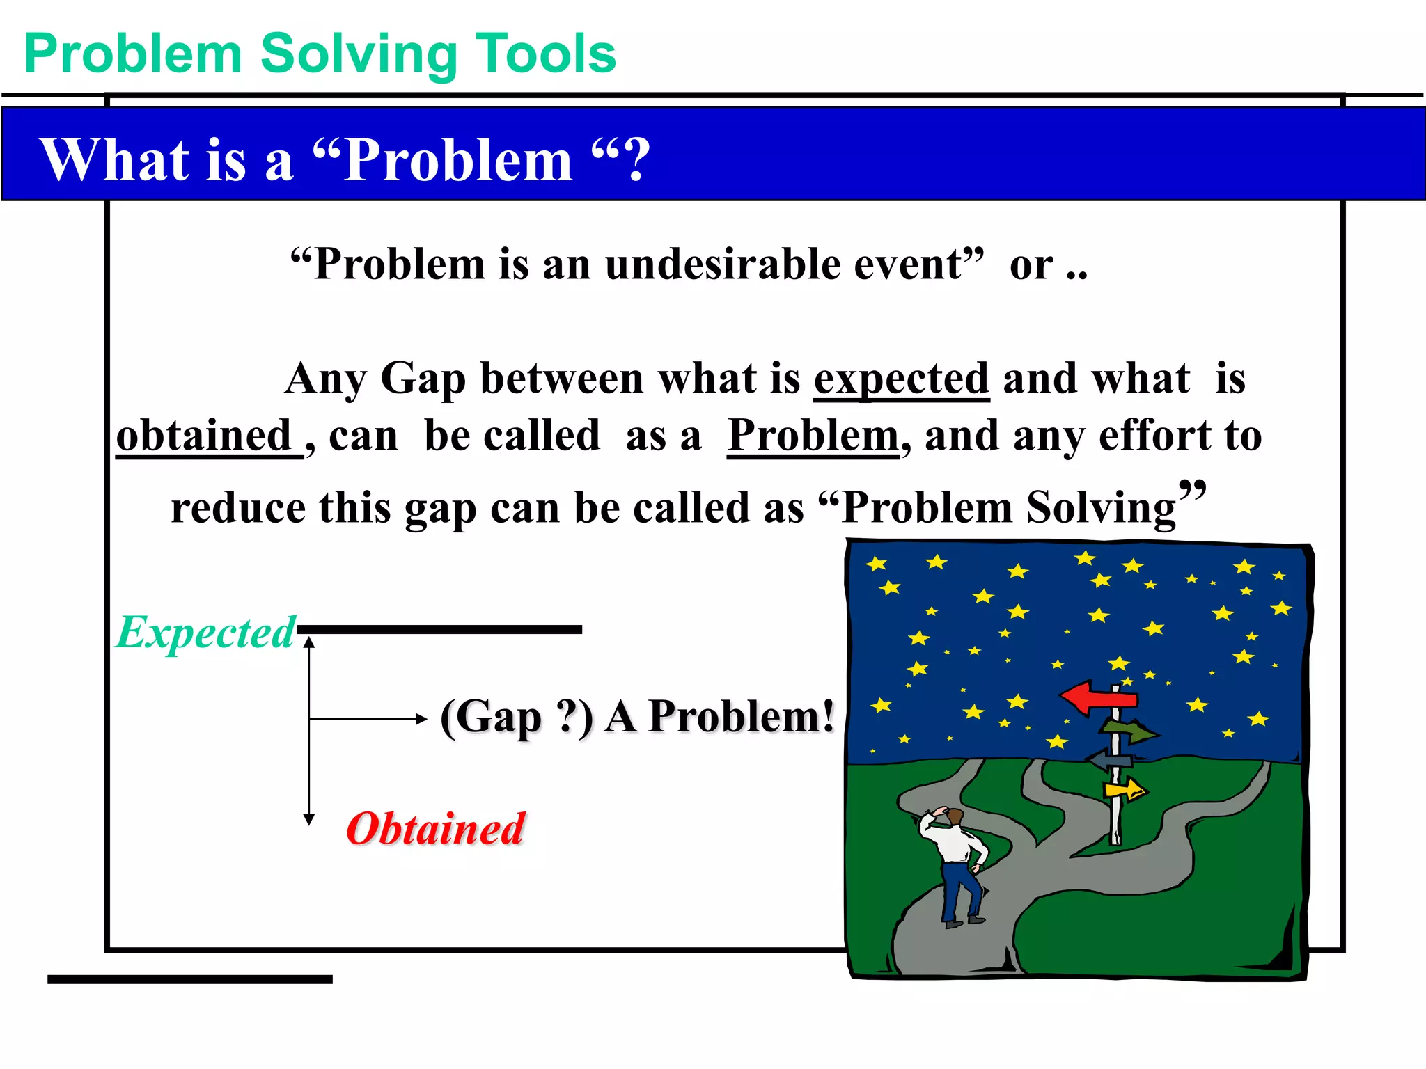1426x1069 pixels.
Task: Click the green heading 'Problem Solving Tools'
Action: (320, 54)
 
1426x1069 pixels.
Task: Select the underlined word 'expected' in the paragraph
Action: (901, 379)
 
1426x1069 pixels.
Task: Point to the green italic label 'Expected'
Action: (205, 633)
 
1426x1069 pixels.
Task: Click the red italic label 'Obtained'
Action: (435, 829)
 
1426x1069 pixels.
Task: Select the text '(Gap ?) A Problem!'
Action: (636, 717)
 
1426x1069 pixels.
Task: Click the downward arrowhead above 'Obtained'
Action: (309, 818)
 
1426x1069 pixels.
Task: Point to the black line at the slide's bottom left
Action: (189, 979)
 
